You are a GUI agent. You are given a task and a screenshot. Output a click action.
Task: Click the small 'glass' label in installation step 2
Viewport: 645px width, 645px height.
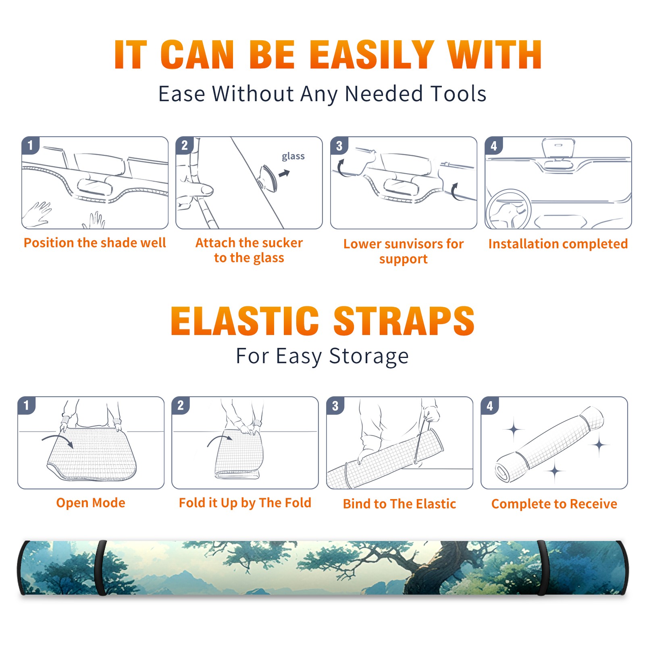tap(293, 156)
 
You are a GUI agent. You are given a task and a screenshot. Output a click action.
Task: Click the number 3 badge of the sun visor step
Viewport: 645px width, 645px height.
tap(339, 146)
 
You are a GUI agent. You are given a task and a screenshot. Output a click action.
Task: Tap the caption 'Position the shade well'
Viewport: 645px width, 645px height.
tap(95, 243)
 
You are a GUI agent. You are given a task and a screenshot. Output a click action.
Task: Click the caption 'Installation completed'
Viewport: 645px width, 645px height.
tap(558, 244)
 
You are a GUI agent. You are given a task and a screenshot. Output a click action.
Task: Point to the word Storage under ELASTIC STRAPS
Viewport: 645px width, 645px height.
tap(369, 357)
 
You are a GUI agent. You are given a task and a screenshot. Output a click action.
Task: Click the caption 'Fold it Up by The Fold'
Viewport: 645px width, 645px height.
tap(245, 503)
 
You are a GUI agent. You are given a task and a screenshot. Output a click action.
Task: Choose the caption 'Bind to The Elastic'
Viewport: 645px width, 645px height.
tap(399, 504)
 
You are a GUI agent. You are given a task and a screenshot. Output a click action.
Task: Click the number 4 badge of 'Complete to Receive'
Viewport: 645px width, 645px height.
tap(490, 406)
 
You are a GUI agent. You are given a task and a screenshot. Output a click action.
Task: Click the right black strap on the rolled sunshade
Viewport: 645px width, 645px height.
tap(542, 568)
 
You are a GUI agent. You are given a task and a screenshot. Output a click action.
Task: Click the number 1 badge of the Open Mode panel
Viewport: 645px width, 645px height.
tap(27, 406)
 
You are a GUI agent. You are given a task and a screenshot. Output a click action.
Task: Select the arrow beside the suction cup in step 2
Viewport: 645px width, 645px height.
tap(285, 173)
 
